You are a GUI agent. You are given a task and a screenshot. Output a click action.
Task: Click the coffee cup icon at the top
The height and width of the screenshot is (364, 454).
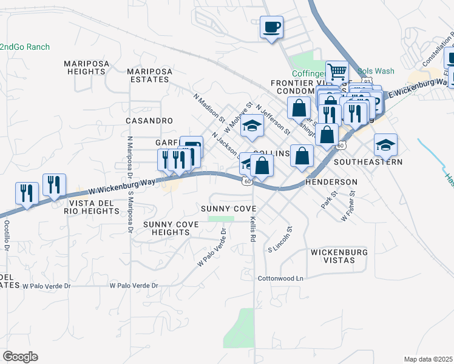pos(271,27)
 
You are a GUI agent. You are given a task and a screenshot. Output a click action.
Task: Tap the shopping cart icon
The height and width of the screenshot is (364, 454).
pos(337,72)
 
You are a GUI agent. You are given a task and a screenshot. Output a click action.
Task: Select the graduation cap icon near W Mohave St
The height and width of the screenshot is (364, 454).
pos(250,126)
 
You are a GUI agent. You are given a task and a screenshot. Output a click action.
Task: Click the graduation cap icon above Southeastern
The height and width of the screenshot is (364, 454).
pos(385,145)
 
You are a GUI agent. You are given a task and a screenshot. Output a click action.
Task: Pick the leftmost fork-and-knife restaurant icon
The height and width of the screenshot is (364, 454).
pos(27,193)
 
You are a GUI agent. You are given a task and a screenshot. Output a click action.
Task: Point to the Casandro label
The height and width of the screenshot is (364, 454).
pos(149,121)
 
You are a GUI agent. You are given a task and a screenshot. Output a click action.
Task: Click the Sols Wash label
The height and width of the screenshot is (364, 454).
pos(373,71)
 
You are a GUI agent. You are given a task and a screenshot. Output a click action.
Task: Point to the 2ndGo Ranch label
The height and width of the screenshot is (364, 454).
pos(24,47)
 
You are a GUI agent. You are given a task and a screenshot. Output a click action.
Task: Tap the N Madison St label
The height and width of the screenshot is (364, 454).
pos(209,107)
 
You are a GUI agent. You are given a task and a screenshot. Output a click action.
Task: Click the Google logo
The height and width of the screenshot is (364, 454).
pos(20,357)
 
